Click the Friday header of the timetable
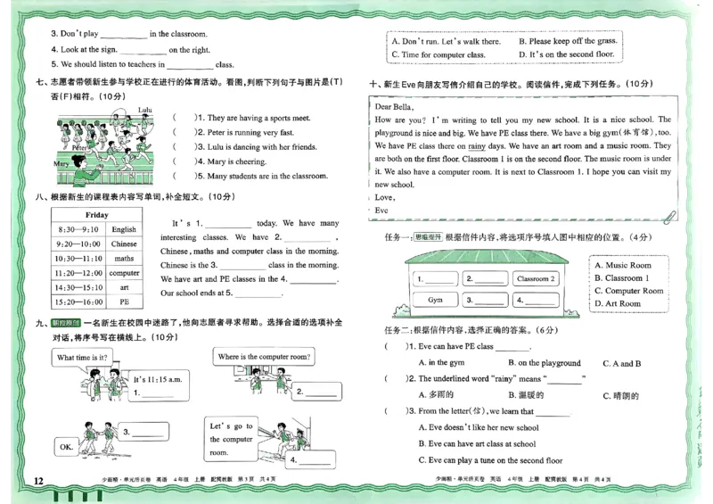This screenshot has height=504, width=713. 96,215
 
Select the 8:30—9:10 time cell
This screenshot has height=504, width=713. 78,229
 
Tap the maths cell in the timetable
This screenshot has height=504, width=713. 124,259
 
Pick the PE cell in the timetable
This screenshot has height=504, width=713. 124,302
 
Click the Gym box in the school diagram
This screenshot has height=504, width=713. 435,300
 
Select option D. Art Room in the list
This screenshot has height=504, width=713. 617,303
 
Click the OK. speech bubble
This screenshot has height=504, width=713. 66,446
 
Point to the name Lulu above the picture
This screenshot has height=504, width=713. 146,111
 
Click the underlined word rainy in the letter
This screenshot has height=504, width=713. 477,145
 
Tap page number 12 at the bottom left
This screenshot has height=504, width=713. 37,482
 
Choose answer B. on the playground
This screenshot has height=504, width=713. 544,363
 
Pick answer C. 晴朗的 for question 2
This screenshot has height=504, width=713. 624,395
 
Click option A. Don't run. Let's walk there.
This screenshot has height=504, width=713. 446,41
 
